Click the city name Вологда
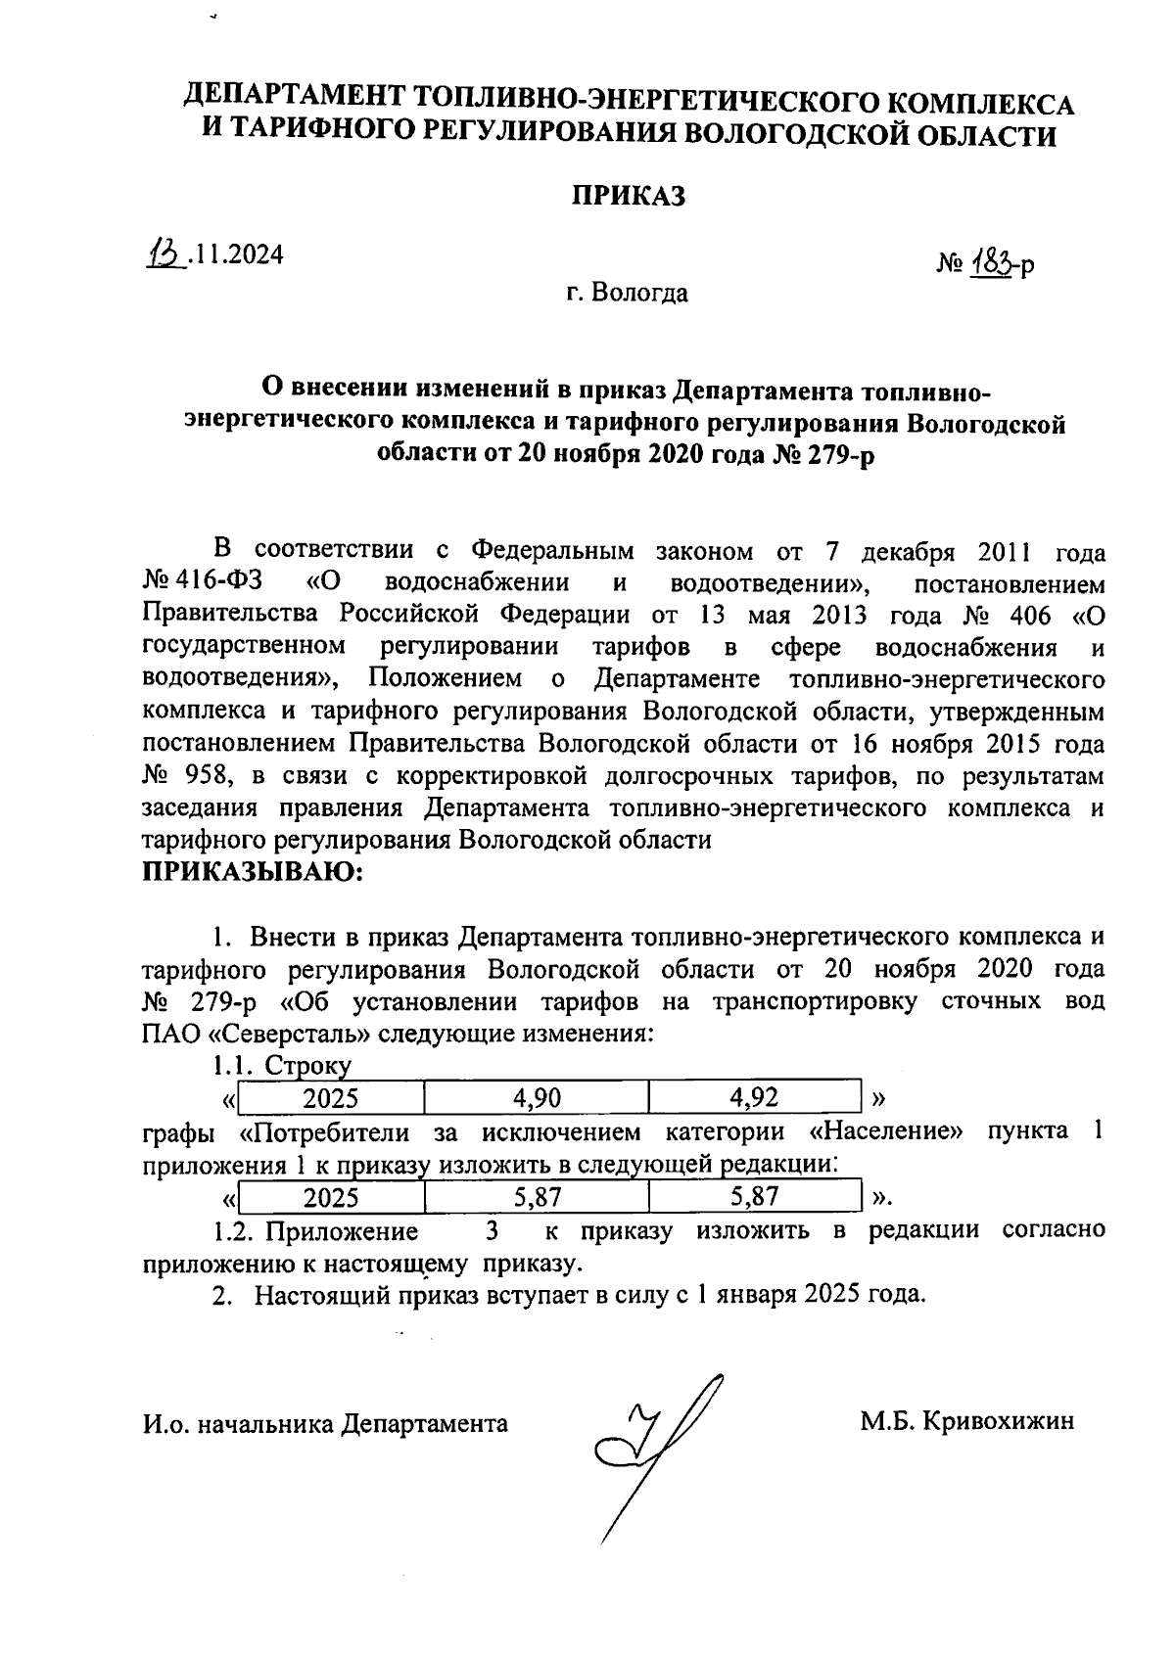point(640,293)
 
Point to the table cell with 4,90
point(537,1098)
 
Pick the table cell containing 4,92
point(754,1098)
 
